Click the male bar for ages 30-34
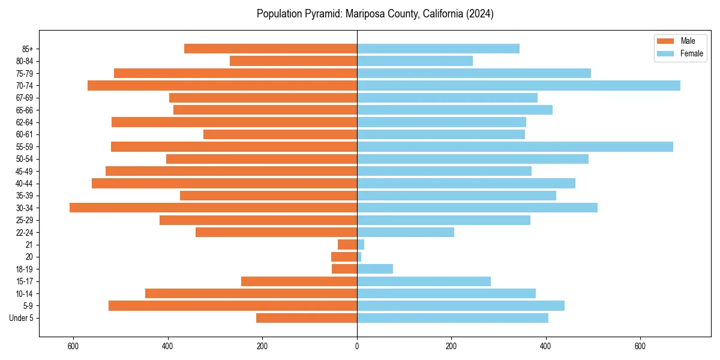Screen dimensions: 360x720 click(x=213, y=208)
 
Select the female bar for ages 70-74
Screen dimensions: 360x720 click(x=518, y=85)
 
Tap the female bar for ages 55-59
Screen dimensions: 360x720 click(x=515, y=146)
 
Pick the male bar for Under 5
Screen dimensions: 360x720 click(x=306, y=318)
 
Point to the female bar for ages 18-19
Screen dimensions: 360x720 click(x=375, y=269)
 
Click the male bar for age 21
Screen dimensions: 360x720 click(x=347, y=244)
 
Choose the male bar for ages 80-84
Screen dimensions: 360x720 click(x=293, y=61)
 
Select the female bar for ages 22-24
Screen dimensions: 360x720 click(x=406, y=232)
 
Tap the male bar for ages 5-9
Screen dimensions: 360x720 click(x=233, y=305)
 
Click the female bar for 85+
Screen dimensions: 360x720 click(x=438, y=49)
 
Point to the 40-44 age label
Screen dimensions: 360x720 click(x=25, y=184)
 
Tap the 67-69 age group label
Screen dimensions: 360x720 click(x=25, y=98)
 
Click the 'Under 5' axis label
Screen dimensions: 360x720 click(x=22, y=318)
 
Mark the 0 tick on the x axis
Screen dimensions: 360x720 click(x=357, y=346)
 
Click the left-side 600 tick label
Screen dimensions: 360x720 click(x=73, y=346)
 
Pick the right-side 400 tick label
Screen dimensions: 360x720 click(x=545, y=346)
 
